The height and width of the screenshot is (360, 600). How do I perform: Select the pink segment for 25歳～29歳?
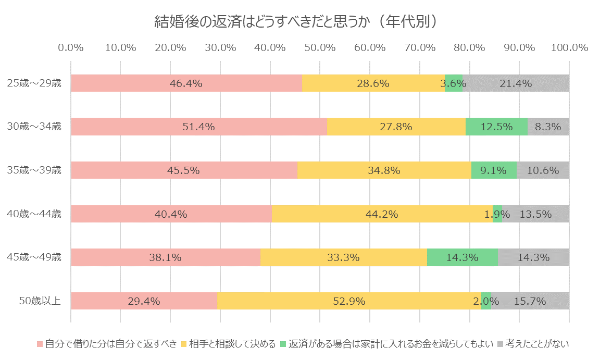pos(186,83)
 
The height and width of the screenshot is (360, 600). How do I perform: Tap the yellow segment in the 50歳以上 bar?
pos(349,301)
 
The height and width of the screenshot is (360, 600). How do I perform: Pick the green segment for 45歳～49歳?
pos(462,257)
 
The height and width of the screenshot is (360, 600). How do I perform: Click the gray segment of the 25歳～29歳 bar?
pos(516,83)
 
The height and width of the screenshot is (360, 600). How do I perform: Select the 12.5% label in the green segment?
pos(496,127)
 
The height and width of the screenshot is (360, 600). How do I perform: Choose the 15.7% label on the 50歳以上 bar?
pos(530,301)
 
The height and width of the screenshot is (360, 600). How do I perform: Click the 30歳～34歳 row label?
pos(34,127)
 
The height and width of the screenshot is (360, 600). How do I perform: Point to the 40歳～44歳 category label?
pos(34,214)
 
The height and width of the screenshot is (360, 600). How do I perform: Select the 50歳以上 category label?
pos(40,301)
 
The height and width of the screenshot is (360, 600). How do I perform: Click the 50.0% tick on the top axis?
pos(320,47)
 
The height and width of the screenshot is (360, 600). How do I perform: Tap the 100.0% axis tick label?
pos(569,47)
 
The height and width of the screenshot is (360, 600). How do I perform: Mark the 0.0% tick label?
pos(71,47)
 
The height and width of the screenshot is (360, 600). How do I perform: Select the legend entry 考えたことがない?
pos(536,343)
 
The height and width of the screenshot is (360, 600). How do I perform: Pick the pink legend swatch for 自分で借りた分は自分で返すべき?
pos(40,344)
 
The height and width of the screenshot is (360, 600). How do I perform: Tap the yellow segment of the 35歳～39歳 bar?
pos(384,170)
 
